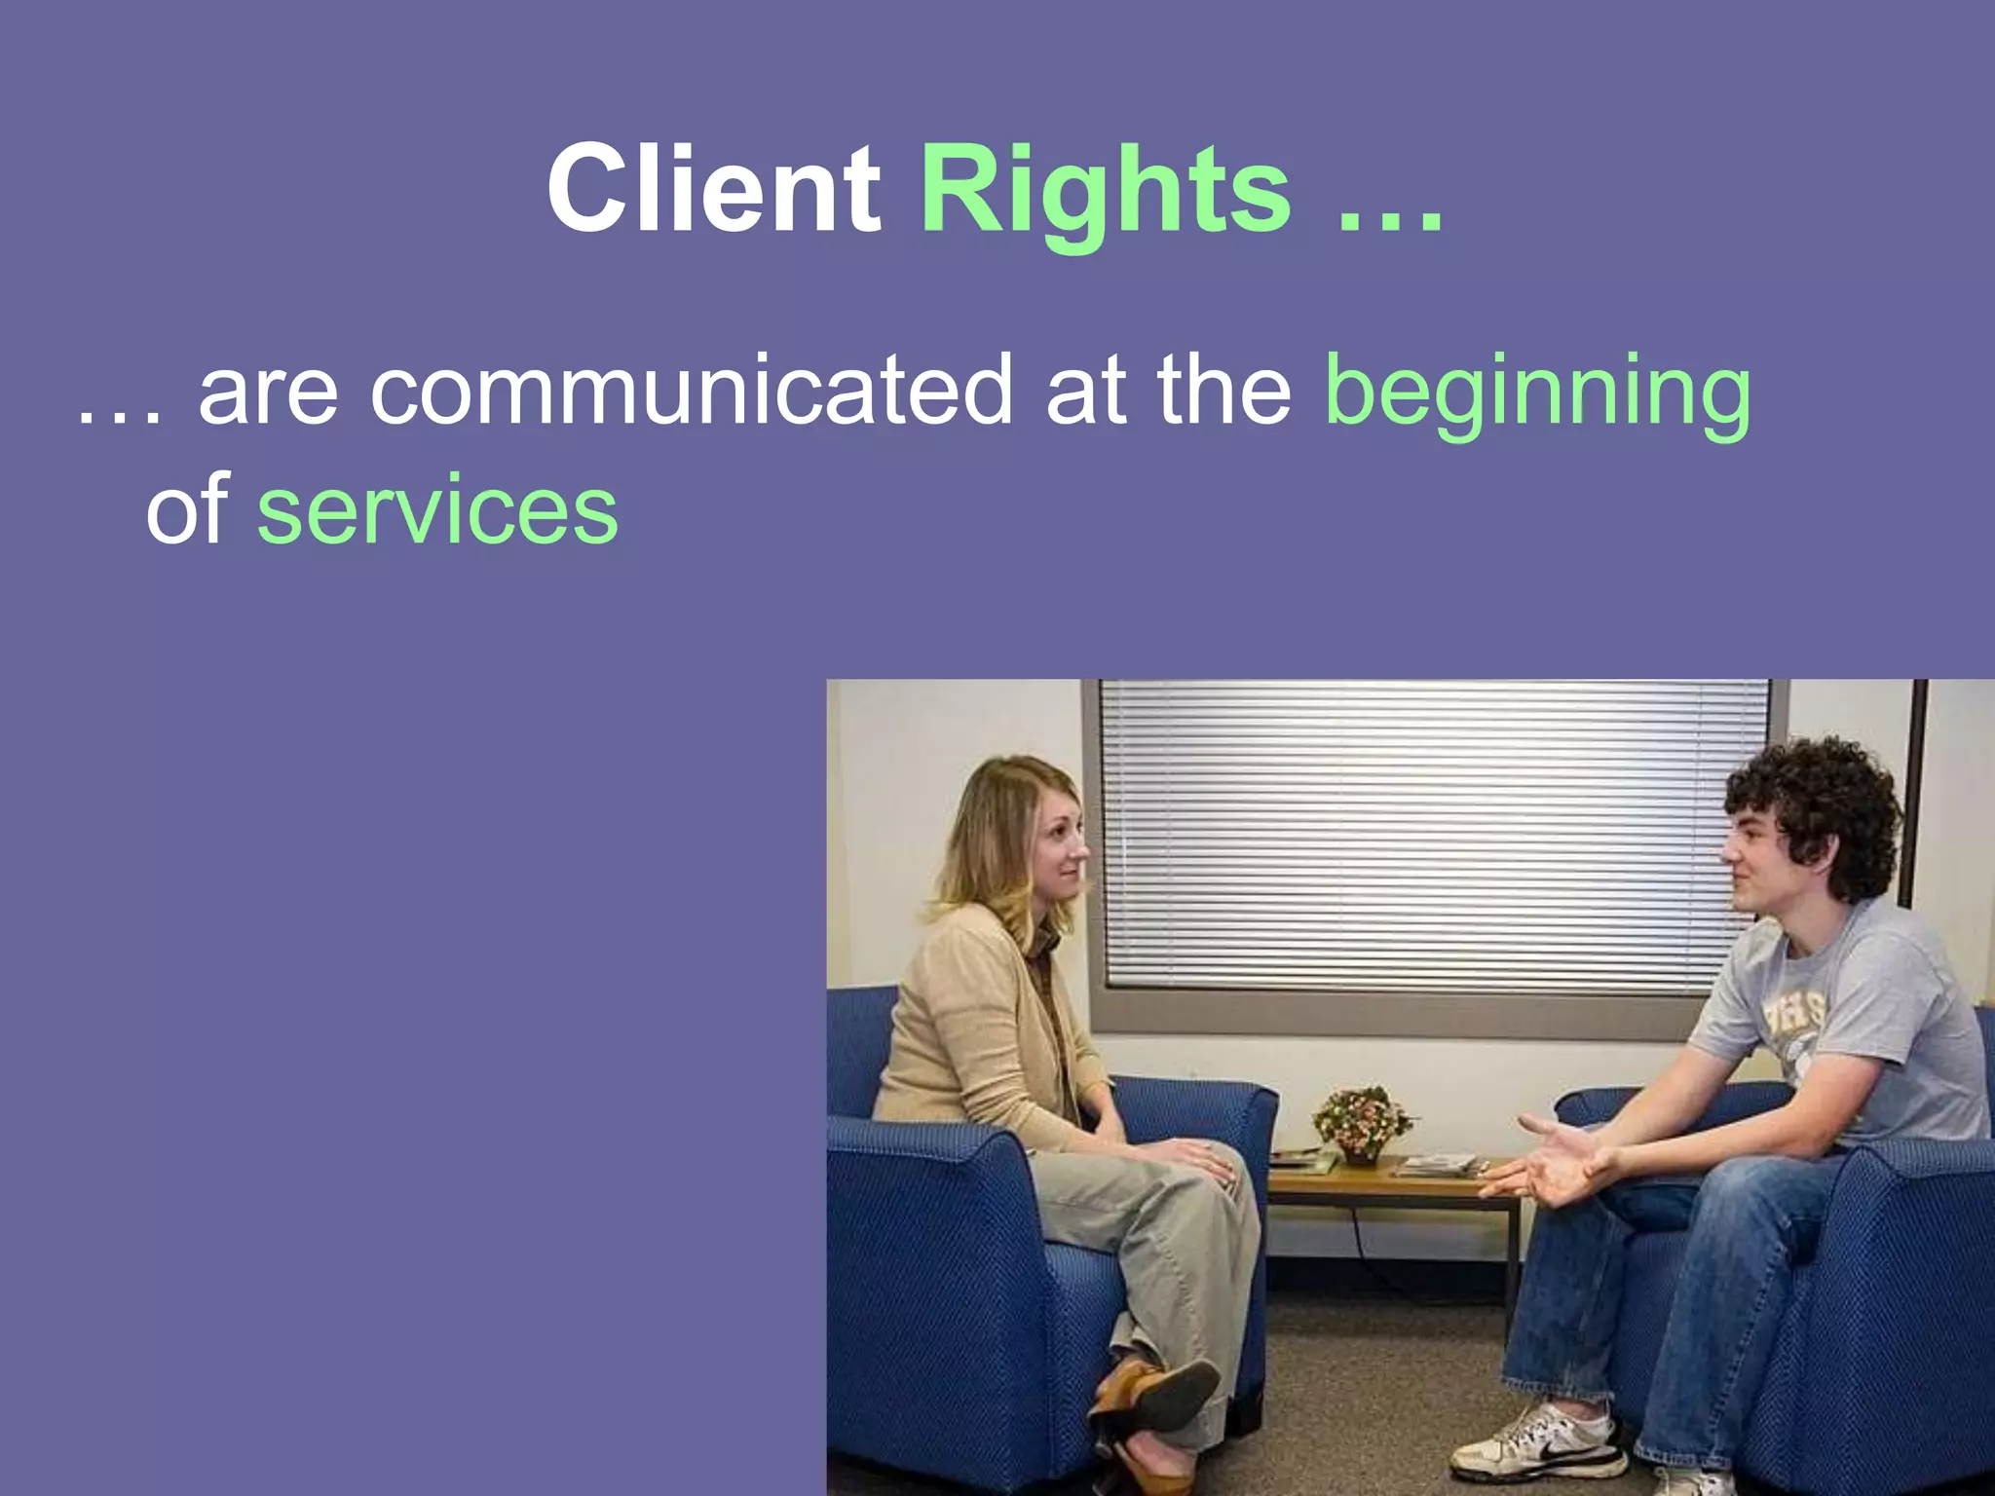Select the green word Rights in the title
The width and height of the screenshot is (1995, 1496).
coord(1105,190)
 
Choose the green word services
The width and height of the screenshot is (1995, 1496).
coord(437,509)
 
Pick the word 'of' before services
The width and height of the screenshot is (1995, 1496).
coord(187,509)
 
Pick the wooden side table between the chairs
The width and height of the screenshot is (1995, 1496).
coord(1393,1183)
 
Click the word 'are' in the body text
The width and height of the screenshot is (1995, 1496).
coord(268,392)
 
